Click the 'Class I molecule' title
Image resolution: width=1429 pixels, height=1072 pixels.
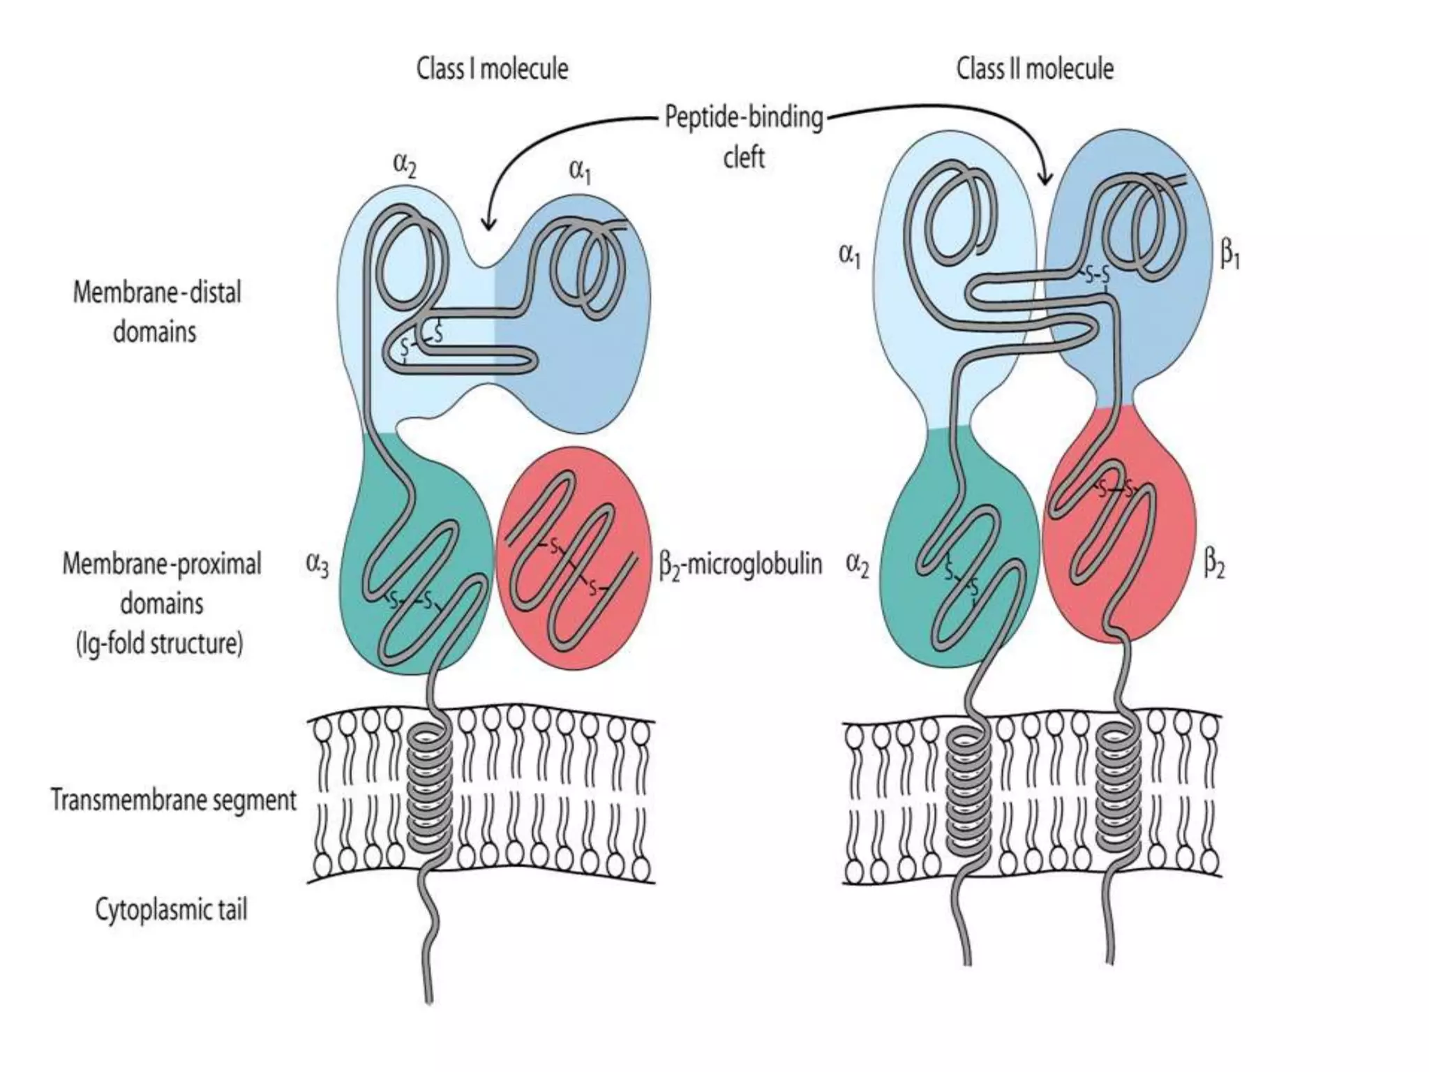coord(492,69)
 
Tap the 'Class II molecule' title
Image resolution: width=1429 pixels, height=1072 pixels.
coord(1034,69)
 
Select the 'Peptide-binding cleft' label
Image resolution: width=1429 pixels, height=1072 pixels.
coord(744,136)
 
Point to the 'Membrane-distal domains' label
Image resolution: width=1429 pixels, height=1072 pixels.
coord(156,311)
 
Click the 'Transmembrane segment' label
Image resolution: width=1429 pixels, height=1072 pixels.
coord(174,800)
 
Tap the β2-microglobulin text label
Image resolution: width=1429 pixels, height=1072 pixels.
coord(740,564)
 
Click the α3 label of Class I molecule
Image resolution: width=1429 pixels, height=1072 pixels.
coord(317,564)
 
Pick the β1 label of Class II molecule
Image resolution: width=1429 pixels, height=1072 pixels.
coord(1229,255)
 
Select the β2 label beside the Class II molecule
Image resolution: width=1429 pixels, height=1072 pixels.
coord(1214,564)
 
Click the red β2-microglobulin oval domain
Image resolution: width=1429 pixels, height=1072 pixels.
coord(574,558)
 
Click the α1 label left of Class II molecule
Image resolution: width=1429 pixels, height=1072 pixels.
coord(849,255)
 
